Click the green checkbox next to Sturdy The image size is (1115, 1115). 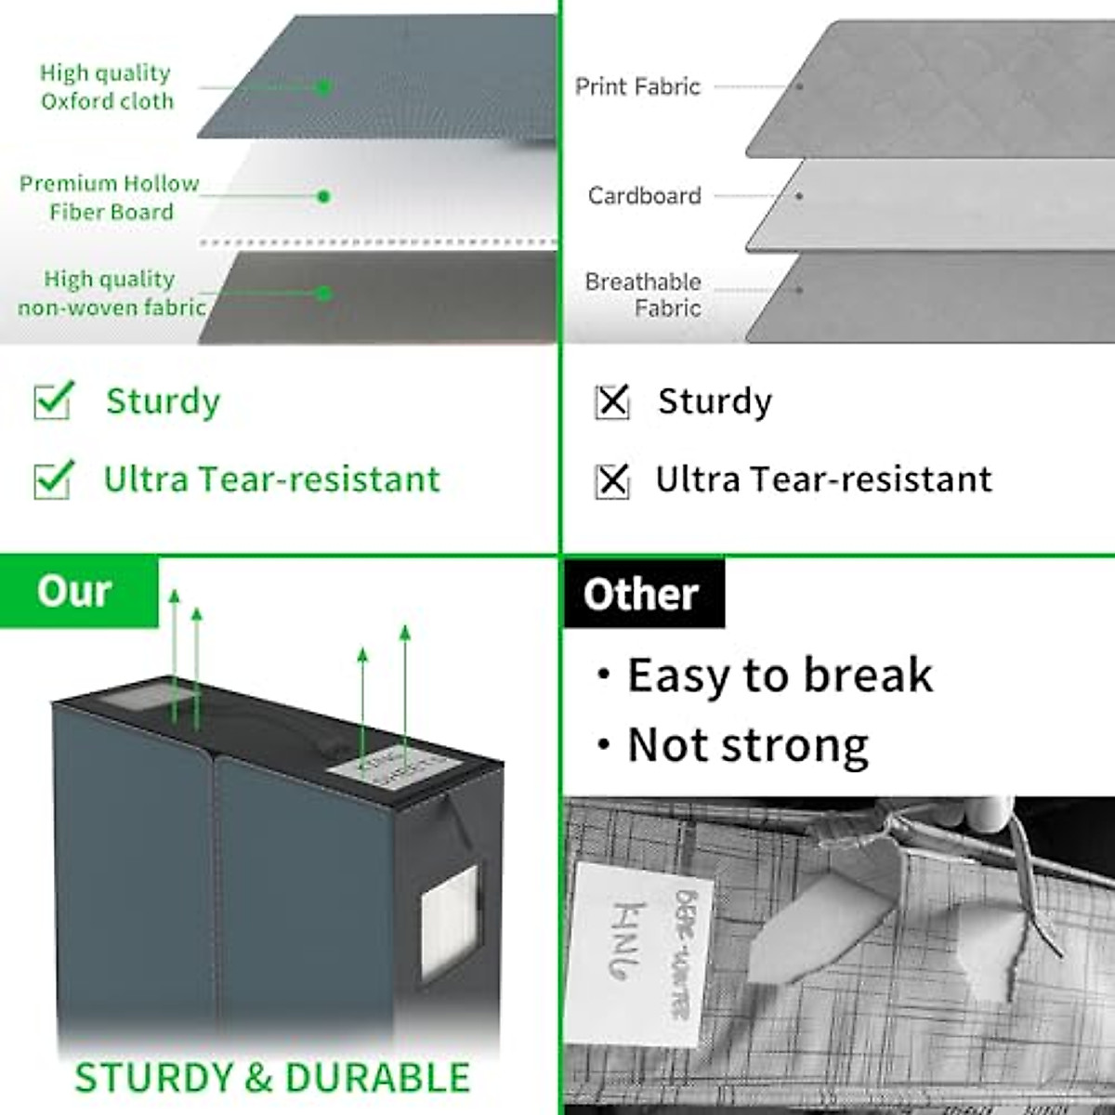(x=52, y=401)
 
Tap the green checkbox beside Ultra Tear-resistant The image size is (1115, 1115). (x=52, y=479)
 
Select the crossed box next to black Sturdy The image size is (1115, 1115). (x=611, y=402)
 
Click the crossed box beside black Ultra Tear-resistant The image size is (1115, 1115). (x=611, y=480)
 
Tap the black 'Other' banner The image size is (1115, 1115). (x=642, y=594)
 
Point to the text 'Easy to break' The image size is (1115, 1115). (x=779, y=676)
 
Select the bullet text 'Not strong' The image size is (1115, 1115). (x=747, y=745)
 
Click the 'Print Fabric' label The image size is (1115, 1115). (x=637, y=86)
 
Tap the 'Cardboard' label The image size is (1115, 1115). (x=644, y=196)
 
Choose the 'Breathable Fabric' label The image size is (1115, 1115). (x=644, y=295)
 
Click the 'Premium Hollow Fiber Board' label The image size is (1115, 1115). (x=110, y=197)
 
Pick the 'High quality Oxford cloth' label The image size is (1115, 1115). (x=106, y=86)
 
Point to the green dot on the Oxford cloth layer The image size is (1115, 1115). (x=323, y=87)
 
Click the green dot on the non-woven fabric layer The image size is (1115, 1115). (x=323, y=293)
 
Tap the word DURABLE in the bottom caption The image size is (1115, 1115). (x=377, y=1078)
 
